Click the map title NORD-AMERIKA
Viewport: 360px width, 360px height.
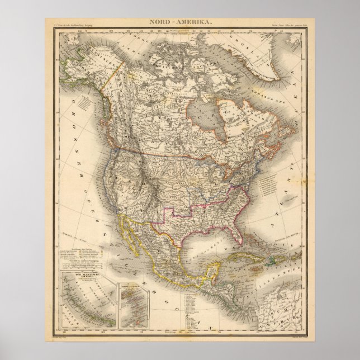(179, 20)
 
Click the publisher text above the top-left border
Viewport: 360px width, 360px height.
(69, 24)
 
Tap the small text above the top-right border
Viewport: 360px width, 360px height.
(287, 24)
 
